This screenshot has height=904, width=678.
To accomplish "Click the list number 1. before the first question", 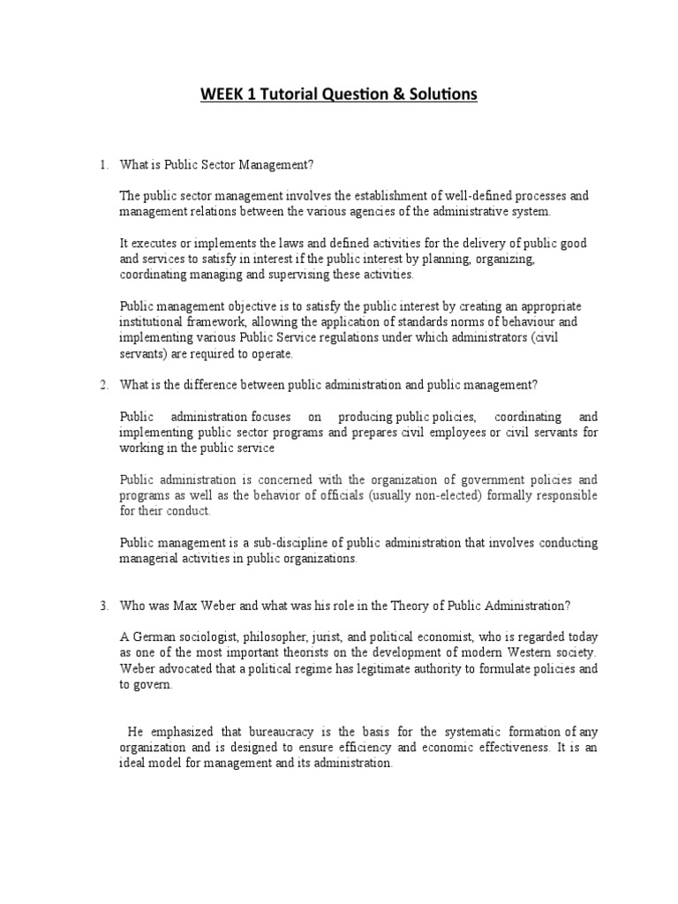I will point(103,164).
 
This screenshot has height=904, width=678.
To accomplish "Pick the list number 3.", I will point(103,605).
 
